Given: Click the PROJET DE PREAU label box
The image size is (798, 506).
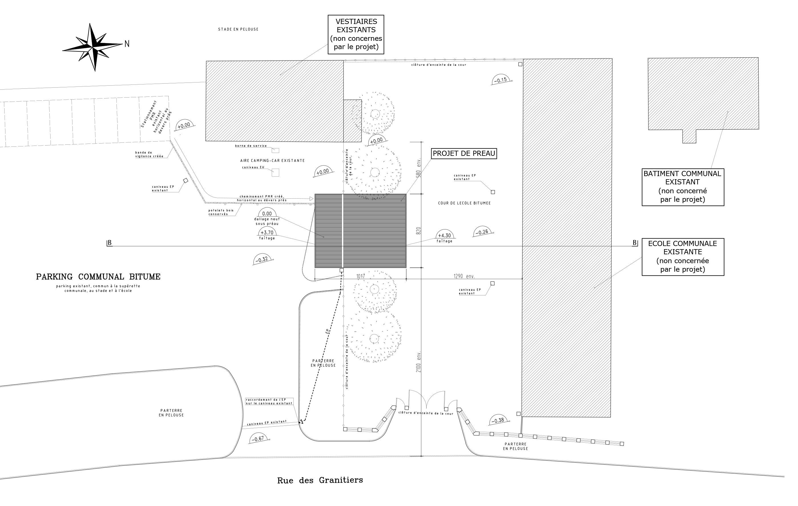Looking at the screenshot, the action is (464, 154).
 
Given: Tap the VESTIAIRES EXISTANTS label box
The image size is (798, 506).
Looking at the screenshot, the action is (356, 34).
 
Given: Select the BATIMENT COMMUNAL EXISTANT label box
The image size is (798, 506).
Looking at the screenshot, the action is (683, 187).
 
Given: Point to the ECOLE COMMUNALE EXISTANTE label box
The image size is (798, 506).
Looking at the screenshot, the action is (683, 257).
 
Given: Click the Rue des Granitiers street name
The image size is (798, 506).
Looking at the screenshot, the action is (320, 480).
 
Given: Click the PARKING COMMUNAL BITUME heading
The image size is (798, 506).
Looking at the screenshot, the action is (98, 277).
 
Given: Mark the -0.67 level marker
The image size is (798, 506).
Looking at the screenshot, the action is (259, 438).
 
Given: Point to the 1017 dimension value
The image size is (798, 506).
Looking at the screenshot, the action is (360, 276).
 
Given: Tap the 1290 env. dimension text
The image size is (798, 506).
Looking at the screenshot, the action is (464, 276).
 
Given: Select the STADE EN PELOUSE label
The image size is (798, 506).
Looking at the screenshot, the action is (238, 29).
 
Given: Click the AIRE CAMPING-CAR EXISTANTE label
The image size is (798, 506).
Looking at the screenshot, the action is (272, 161).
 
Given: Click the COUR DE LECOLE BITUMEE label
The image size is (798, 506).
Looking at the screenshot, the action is (464, 203).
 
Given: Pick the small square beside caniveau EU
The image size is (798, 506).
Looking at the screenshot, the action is (275, 173).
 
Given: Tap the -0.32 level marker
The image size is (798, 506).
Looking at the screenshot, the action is (262, 259).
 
